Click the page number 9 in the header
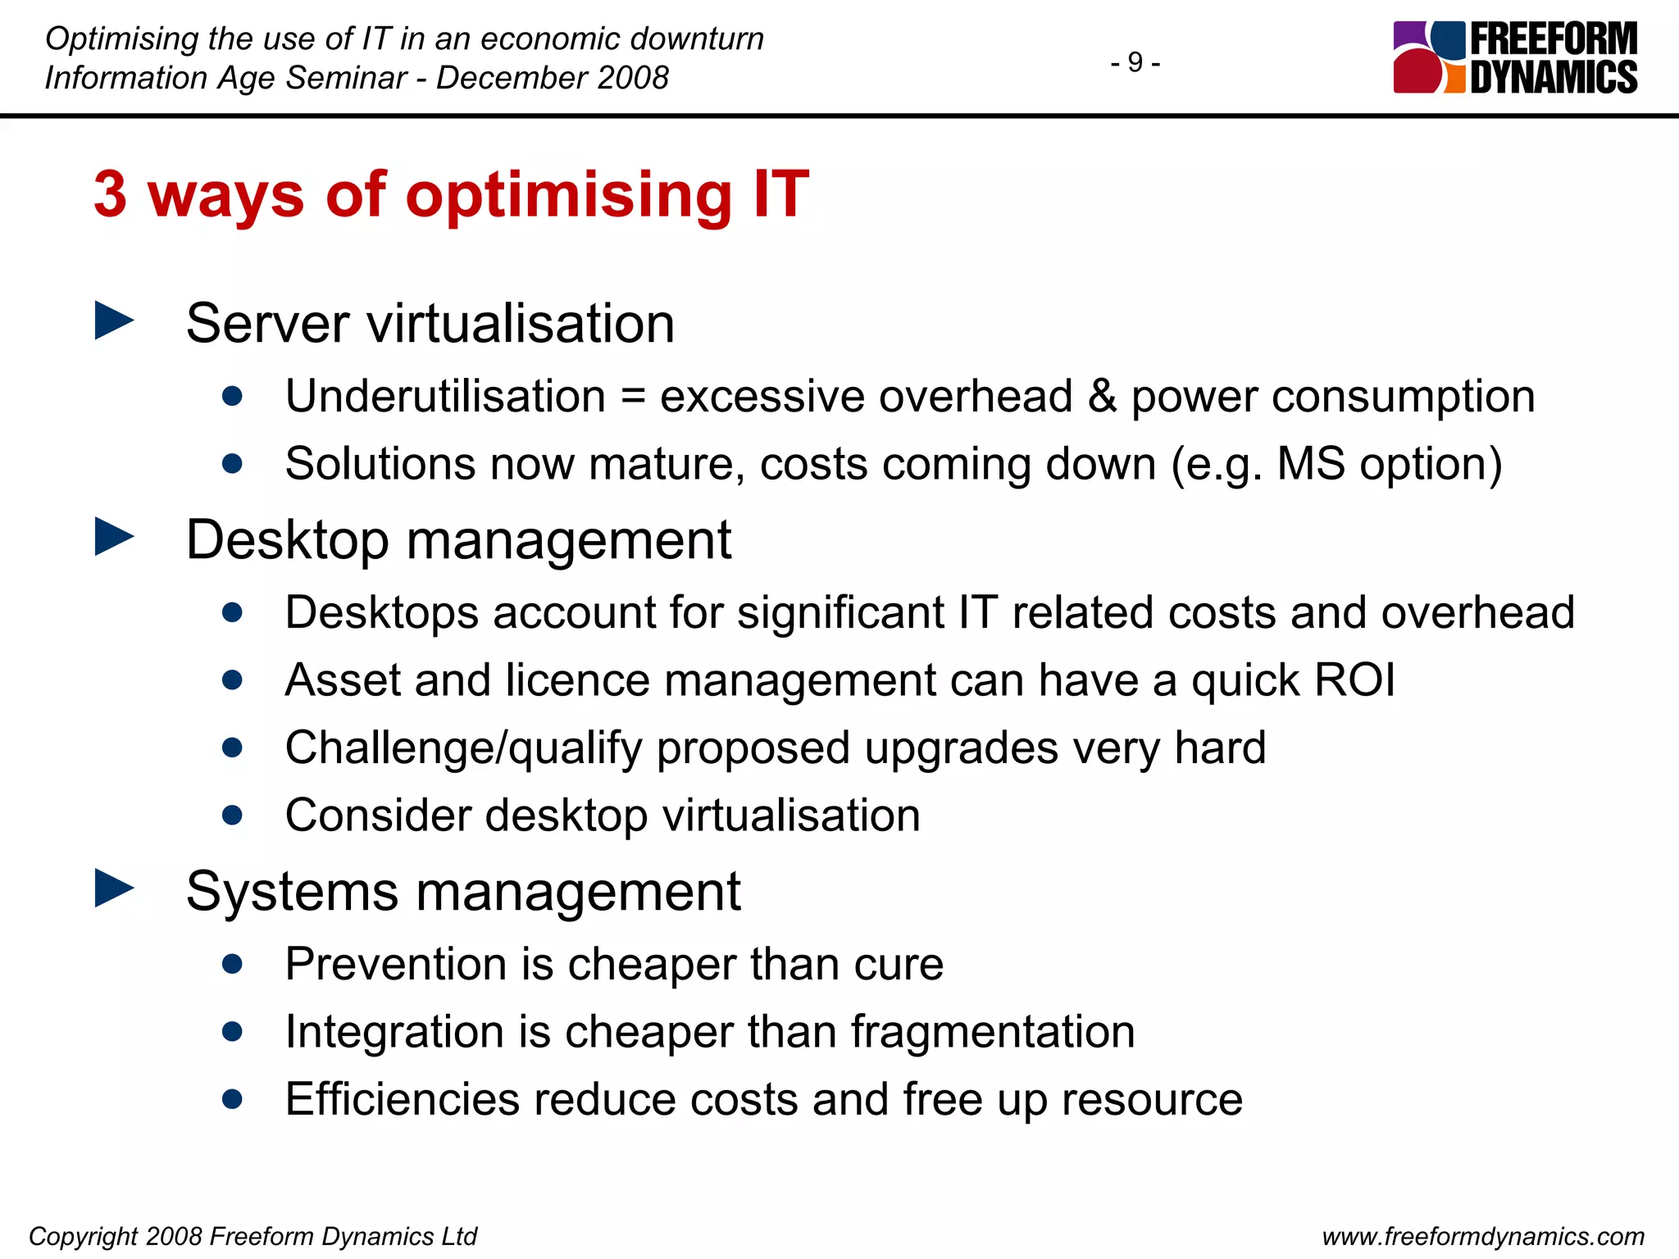1135,62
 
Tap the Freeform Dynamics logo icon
1429,57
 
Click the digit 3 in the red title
111,195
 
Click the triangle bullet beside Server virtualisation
114,320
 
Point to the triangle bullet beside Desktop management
114,537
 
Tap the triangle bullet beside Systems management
114,889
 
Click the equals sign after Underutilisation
633,398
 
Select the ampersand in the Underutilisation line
1102,396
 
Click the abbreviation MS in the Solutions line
1310,464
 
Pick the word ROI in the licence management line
1354,680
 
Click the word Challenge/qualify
463,748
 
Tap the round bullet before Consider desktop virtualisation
232,816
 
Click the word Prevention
395,964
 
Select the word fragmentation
992,1032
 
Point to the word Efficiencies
402,1099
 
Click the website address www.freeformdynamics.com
1483,1236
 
